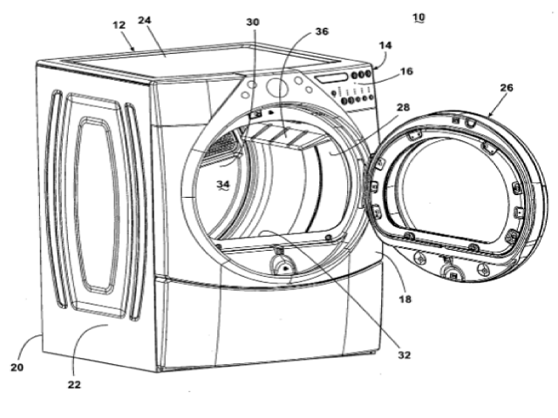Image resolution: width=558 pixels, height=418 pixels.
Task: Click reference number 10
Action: tap(418, 17)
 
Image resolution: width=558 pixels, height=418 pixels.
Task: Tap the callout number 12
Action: tap(119, 25)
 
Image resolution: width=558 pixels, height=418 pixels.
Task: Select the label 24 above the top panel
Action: tap(145, 20)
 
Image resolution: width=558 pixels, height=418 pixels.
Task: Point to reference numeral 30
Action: tap(253, 22)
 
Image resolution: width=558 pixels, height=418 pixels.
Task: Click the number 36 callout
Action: tap(322, 31)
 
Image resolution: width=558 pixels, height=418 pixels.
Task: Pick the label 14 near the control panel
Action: tap(385, 45)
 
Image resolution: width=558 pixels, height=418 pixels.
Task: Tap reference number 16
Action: tap(406, 71)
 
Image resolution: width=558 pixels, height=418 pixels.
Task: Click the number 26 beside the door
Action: tap(507, 88)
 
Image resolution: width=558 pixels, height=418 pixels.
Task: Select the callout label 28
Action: tap(403, 107)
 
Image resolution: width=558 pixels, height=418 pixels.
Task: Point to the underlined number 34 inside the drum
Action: tap(223, 184)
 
